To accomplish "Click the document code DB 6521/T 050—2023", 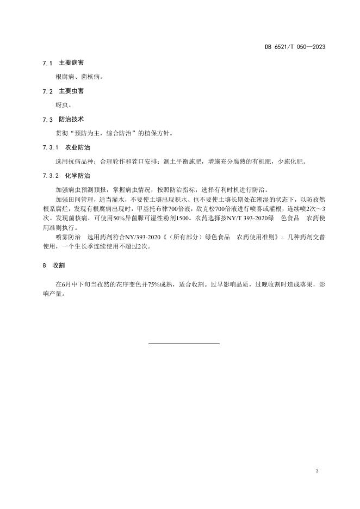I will (x=295, y=47).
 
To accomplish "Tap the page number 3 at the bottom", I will (x=316, y=470).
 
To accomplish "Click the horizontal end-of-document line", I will (x=184, y=344).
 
